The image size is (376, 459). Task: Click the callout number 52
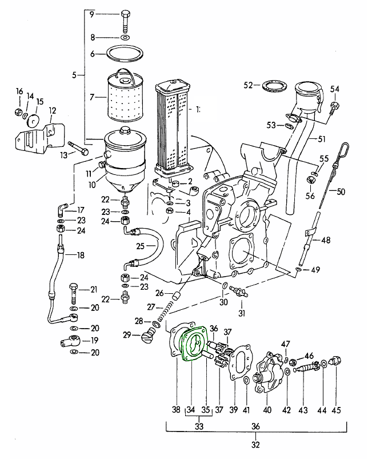pyautogui.click(x=248, y=85)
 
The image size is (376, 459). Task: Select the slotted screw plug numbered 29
pyautogui.click(x=147, y=336)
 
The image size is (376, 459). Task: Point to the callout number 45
pyautogui.click(x=336, y=409)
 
